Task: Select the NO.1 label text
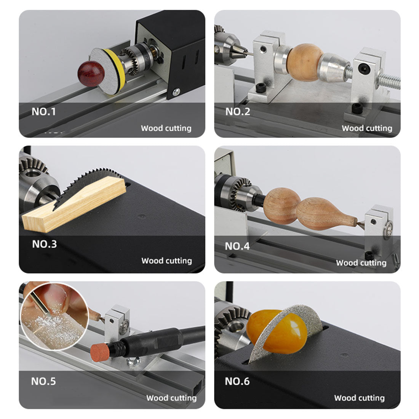tap(43, 112)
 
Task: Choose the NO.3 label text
tap(44, 244)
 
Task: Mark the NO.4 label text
tap(237, 246)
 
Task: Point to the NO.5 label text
tap(43, 381)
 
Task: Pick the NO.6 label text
tap(237, 381)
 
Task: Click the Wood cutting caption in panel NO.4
tap(361, 262)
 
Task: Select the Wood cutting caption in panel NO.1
tap(166, 128)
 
